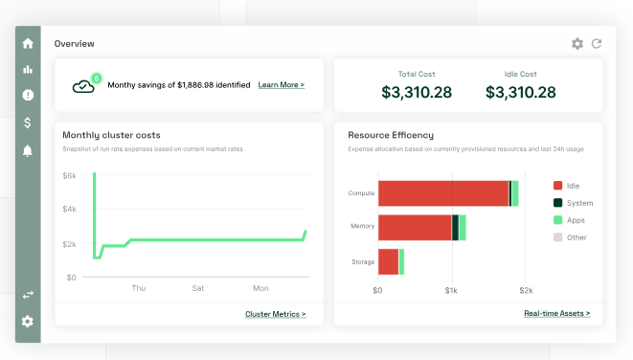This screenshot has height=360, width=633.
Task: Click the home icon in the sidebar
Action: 28,43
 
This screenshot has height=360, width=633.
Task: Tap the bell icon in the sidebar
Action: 28,150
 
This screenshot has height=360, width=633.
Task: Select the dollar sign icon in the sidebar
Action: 28,123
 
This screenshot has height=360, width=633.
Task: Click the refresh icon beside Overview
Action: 597,44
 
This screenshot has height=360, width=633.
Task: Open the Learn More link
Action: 281,85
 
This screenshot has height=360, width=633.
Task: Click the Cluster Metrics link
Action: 276,314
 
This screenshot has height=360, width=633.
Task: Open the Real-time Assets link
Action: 556,313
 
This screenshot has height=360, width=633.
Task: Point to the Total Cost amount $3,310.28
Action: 417,93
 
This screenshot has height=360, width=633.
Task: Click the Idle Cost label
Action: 520,74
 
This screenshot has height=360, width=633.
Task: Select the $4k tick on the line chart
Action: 70,209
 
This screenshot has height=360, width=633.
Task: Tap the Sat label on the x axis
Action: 198,288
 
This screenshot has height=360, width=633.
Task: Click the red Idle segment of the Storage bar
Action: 389,262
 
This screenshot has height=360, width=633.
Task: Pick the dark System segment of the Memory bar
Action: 455,228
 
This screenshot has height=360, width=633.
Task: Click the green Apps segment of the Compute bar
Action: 515,193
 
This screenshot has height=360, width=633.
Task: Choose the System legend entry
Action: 574,203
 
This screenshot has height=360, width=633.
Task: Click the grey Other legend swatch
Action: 558,237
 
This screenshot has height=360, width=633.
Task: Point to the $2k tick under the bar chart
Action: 526,290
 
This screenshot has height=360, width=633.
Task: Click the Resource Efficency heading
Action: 391,135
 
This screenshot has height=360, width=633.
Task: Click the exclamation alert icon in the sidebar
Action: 28,95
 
